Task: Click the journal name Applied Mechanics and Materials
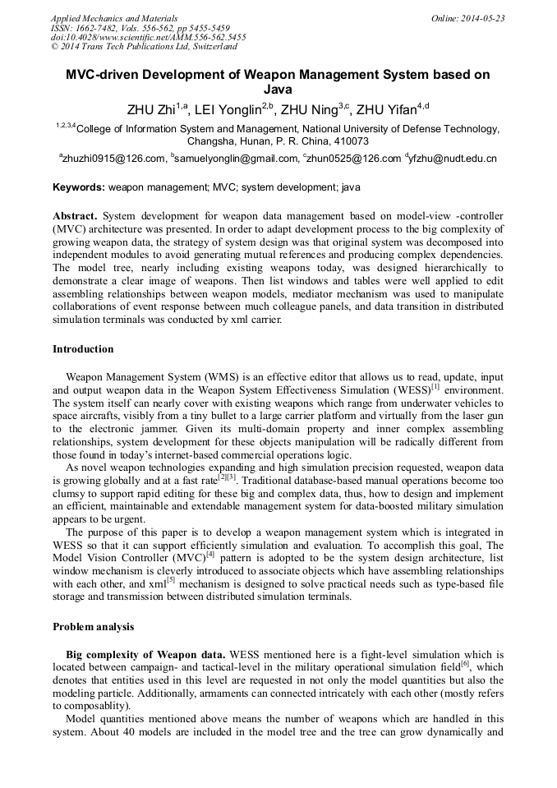point(114,18)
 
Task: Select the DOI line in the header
point(148,38)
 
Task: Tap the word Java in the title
point(278,90)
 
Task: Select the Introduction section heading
point(83,349)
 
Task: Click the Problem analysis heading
point(93,627)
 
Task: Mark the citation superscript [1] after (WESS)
point(435,385)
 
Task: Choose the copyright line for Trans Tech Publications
point(144,48)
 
